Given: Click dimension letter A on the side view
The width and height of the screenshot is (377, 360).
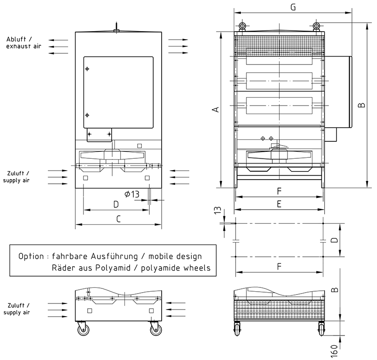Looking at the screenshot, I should tap(216, 109).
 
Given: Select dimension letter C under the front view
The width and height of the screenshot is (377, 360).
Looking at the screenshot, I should tap(119, 218).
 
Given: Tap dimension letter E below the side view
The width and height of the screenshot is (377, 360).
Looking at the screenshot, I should tap(279, 204).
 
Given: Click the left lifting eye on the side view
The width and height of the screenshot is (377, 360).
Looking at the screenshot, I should tap(242, 25).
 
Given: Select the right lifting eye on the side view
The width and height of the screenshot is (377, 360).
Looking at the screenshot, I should tap(316, 25).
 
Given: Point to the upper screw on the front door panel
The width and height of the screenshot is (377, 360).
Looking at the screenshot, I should tap(87, 69).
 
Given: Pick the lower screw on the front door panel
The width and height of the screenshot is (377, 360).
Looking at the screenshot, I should tap(87, 115).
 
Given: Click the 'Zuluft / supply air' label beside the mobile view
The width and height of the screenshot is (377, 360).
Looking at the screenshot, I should tap(17, 309).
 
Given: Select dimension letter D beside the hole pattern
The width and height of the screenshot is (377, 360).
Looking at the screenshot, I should tap(334, 240).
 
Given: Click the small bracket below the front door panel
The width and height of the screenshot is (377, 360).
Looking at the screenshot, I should tap(99, 134).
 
